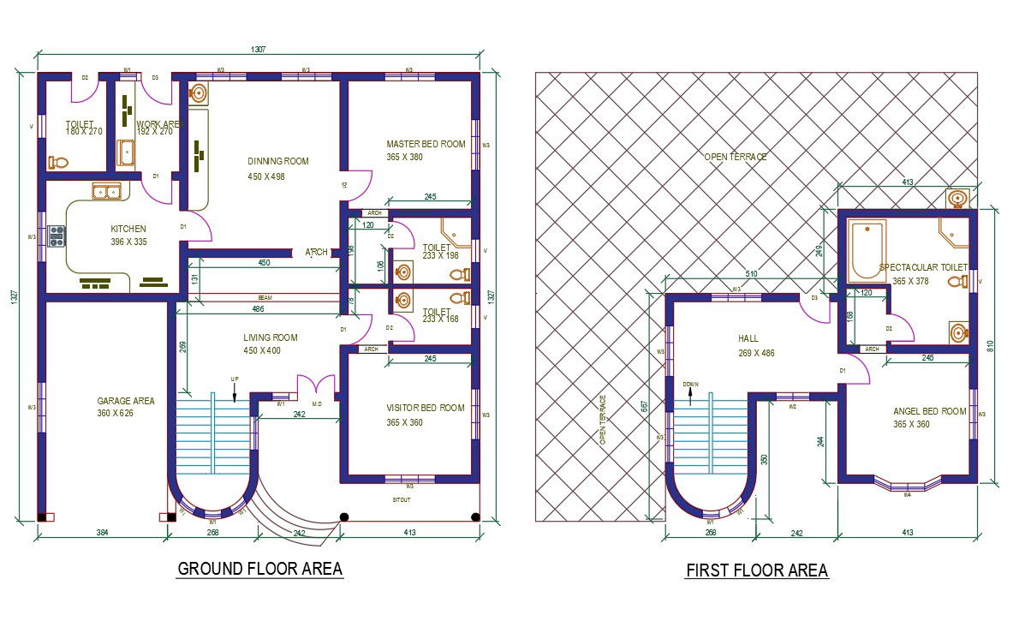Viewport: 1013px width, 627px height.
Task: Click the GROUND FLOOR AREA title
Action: tap(259, 569)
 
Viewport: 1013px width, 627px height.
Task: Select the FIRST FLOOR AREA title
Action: tap(757, 570)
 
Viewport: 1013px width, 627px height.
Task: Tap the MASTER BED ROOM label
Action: tap(426, 145)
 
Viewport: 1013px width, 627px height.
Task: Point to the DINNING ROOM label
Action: tap(277, 161)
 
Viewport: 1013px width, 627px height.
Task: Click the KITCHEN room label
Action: tap(128, 230)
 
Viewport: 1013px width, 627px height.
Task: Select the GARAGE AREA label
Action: tap(126, 401)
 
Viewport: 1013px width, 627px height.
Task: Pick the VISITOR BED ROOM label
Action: tap(426, 408)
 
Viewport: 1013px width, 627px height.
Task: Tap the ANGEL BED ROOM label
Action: tap(929, 412)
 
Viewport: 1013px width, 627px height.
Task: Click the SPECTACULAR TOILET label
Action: tap(923, 268)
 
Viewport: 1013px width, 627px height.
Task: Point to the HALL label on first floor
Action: tap(748, 338)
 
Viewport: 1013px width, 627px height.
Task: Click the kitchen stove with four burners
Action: tap(57, 236)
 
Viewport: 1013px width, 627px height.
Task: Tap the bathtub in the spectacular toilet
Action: tap(867, 250)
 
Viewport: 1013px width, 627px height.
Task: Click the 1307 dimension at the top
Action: tap(259, 50)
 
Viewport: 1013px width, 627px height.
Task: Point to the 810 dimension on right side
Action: tap(990, 346)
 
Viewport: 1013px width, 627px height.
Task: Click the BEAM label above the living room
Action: tap(265, 297)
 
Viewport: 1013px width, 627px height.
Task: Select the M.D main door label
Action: tap(316, 404)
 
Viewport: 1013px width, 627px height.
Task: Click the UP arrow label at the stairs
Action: tap(234, 379)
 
